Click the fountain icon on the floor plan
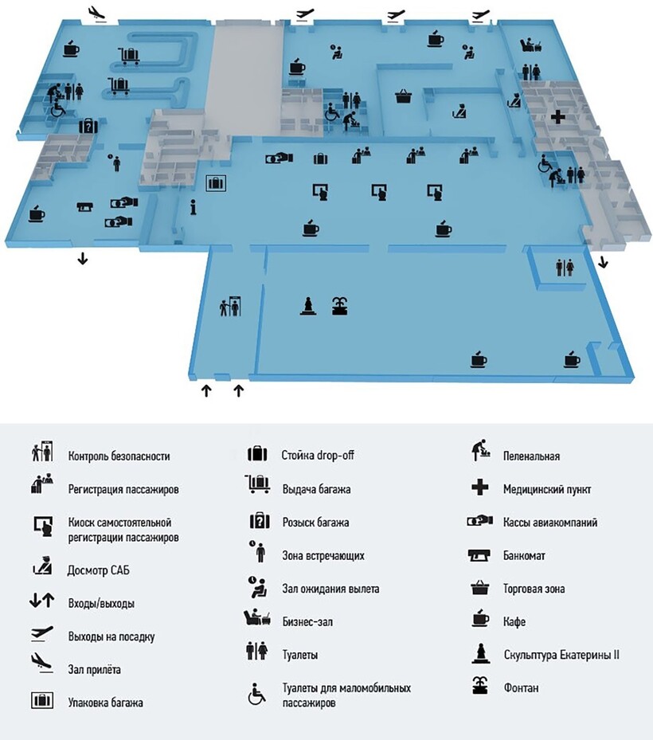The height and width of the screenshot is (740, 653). pos(340,305)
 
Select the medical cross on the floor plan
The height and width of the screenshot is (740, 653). pos(558,117)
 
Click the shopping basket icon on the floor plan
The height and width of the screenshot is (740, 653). pos(404,97)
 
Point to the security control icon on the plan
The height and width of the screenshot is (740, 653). pos(229,306)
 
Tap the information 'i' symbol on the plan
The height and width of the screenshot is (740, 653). pos(194,207)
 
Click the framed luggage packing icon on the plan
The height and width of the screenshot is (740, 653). pos(216,184)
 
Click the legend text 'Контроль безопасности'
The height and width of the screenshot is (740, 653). pos(119,456)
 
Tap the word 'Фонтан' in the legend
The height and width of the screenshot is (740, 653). pos(521,687)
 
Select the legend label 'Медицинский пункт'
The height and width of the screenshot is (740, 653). pos(547,489)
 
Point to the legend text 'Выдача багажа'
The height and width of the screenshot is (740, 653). pos(316,489)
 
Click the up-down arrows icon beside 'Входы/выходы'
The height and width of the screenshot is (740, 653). pos(41,601)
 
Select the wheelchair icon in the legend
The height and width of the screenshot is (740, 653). pos(256,695)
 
